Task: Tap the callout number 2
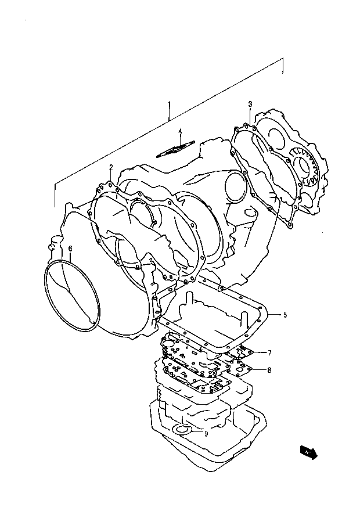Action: tap(111, 167)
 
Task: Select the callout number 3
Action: tap(250, 105)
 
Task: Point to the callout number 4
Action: tap(180, 131)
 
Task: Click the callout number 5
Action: tap(285, 315)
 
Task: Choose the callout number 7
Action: tap(269, 352)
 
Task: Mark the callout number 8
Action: tap(269, 370)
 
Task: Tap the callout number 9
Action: tap(206, 433)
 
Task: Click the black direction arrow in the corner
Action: tap(308, 452)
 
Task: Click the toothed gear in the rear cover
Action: tap(304, 166)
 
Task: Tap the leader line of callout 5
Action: tap(276, 315)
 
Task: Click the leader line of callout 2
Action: tap(111, 178)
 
